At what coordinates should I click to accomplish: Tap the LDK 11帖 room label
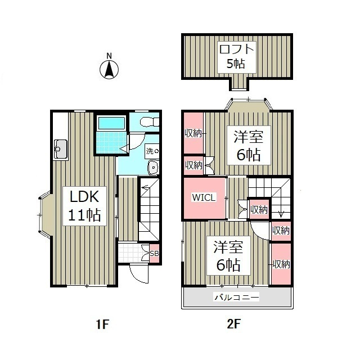tap(84, 206)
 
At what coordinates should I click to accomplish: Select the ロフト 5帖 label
tap(237, 57)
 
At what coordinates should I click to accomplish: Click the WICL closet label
tap(204, 197)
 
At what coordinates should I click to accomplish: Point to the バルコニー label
tap(236, 298)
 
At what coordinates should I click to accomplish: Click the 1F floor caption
tap(102, 325)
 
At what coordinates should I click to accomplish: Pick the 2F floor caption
tap(233, 325)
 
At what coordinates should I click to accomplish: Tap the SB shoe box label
tap(154, 254)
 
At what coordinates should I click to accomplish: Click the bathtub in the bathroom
tap(111, 123)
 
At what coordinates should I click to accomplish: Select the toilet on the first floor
tap(149, 121)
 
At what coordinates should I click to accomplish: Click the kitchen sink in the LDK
tap(61, 150)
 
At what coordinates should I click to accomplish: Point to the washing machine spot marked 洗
tap(152, 151)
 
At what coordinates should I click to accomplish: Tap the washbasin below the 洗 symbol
tap(153, 168)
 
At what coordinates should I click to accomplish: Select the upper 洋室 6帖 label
tap(249, 145)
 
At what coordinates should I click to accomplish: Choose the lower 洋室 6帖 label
tap(228, 256)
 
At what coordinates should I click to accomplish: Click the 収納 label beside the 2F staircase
tap(259, 209)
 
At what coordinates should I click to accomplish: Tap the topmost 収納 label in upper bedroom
tap(193, 133)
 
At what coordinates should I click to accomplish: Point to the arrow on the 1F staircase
tap(146, 188)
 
